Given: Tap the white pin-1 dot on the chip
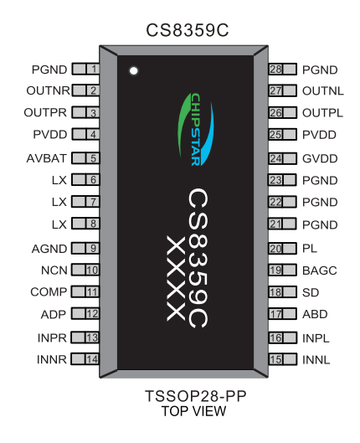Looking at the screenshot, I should (x=132, y=71).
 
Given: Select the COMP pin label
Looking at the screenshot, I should (x=49, y=292).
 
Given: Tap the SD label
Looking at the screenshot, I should (x=310, y=292).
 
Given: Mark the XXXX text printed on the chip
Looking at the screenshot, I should (x=175, y=280).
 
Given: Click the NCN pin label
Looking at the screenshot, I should (x=53, y=270).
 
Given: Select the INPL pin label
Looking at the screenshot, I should (x=317, y=337).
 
